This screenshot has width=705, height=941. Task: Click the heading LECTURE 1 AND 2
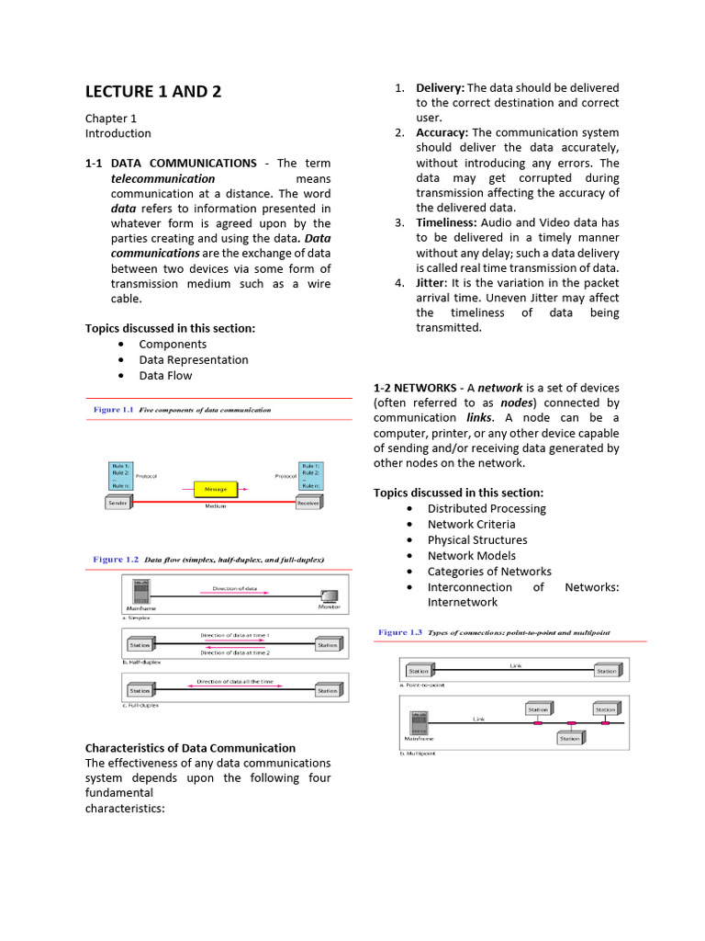click(x=153, y=91)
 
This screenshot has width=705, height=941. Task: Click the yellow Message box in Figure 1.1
click(x=215, y=489)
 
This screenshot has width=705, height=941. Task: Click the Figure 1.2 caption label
click(x=116, y=559)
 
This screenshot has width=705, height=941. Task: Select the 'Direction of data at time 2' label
click(x=235, y=652)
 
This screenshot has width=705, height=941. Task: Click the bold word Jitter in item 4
click(x=431, y=282)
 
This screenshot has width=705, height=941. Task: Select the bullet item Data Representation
click(x=194, y=359)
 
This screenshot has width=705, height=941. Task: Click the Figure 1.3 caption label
click(x=400, y=632)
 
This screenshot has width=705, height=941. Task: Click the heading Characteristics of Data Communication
click(x=190, y=748)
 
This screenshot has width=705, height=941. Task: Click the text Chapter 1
click(x=111, y=118)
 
